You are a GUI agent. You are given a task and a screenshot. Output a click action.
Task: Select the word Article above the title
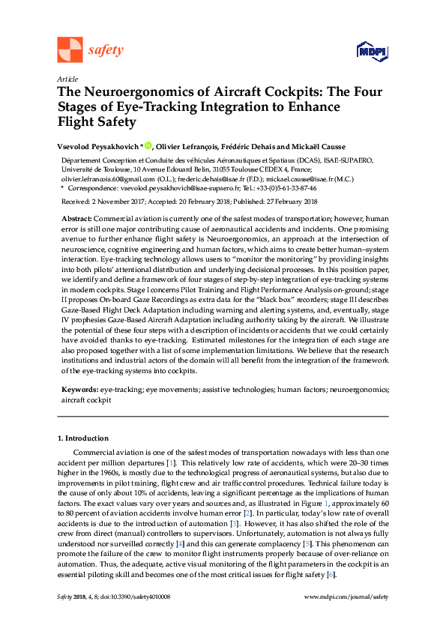66,79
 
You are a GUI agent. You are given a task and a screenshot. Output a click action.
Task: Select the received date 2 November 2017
118,202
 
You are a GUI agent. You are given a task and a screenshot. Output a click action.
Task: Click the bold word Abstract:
76,217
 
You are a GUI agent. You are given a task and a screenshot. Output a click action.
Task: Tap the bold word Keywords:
79,390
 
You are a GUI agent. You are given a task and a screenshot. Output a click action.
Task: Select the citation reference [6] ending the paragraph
331,573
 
